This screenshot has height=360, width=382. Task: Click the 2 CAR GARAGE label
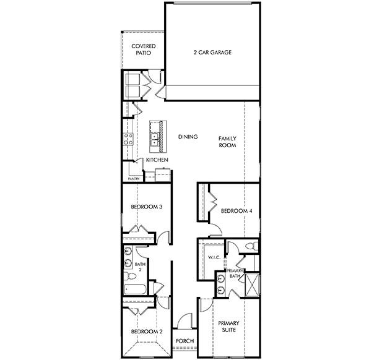tap(212, 53)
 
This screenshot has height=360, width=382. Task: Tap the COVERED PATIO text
tap(144, 49)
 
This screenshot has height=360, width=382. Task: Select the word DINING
tap(188, 137)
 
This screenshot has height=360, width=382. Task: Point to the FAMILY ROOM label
tap(227, 142)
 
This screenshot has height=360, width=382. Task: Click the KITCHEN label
tap(157, 160)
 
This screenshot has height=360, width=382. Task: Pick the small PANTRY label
tap(134, 179)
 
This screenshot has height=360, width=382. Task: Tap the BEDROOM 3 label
tap(147, 207)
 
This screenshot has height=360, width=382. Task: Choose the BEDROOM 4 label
tap(237, 211)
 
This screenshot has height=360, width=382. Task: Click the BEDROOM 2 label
tap(147, 332)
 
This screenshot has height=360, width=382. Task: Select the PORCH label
tap(185, 341)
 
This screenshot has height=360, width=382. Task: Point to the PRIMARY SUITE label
tap(228, 327)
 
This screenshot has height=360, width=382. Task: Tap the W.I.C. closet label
tap(214, 257)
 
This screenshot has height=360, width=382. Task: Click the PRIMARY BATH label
tap(235, 273)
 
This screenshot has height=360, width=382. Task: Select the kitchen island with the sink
tap(158, 136)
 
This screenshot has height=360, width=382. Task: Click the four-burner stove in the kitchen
tap(128, 139)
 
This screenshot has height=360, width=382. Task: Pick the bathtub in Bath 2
tap(135, 289)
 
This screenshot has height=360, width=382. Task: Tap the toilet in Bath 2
tap(130, 276)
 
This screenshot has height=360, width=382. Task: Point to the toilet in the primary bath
tap(252, 246)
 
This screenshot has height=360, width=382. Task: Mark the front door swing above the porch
tap(184, 320)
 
